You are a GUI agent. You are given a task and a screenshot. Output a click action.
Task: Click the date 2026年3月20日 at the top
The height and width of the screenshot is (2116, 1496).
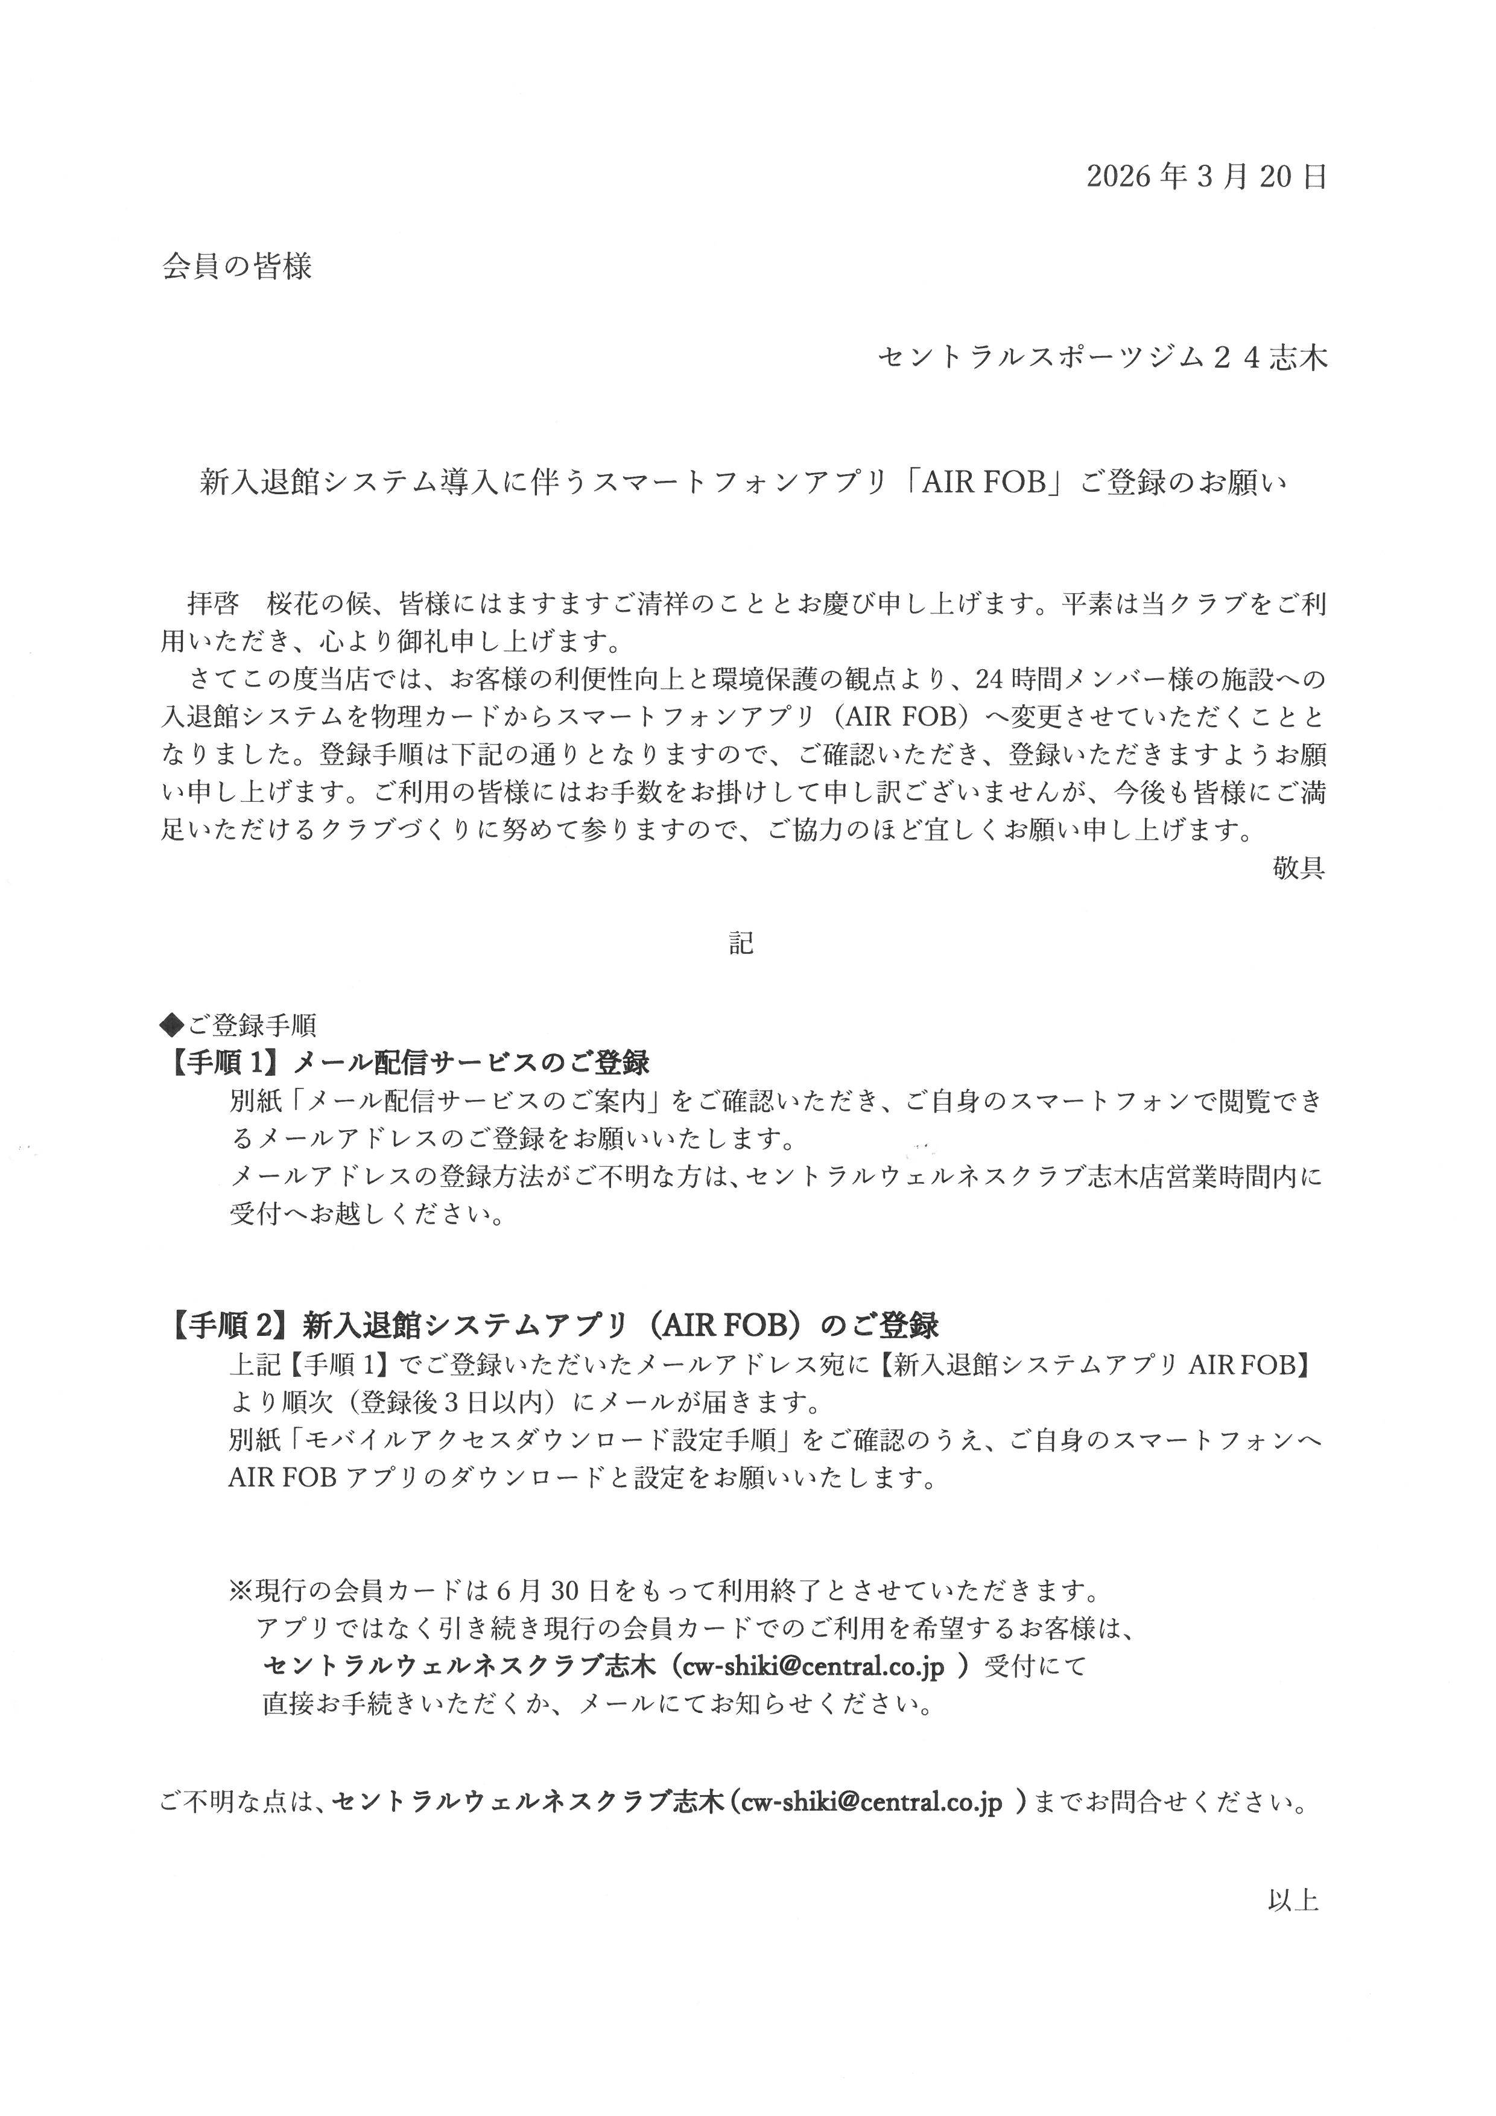coord(1206,176)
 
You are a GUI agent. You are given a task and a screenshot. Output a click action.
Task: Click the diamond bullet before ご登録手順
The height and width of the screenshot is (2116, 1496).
coord(173,1024)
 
